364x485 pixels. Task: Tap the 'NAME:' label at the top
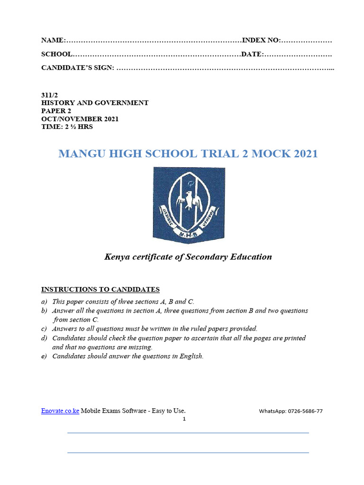tap(52, 40)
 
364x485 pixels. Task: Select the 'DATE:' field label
tap(252, 54)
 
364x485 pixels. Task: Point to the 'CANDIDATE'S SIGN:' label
tap(78, 68)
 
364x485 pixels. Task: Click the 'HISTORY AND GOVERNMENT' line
tap(95, 102)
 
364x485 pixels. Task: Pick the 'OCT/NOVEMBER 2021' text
tap(80, 119)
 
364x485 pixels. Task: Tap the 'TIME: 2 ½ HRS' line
tap(67, 127)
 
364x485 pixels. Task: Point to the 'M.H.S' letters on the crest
tap(189, 234)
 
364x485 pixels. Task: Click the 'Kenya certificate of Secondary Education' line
tap(188, 257)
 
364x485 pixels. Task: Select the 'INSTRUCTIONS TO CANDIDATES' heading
tap(100, 289)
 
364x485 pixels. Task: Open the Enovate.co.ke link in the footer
tap(60, 411)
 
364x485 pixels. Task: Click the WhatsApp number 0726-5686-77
tap(305, 411)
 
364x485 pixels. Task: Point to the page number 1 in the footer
tap(184, 419)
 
